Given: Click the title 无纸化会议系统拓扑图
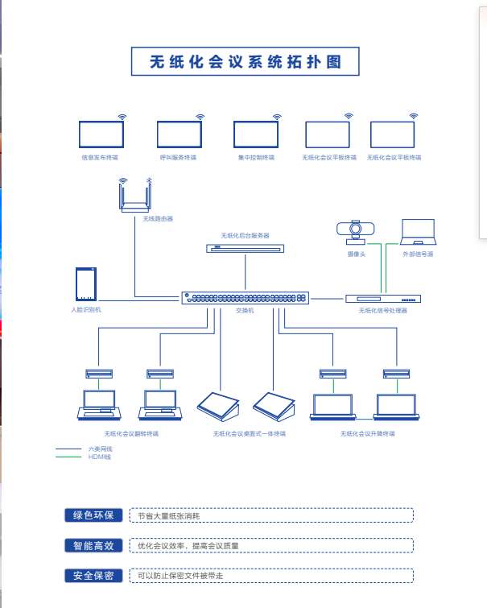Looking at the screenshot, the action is click(x=246, y=62).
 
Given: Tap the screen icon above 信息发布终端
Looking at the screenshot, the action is click(x=101, y=134).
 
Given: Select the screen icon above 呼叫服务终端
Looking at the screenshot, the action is click(x=180, y=134).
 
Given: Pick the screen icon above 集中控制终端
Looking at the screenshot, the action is click(x=256, y=134).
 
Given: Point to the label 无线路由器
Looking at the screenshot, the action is click(x=158, y=219).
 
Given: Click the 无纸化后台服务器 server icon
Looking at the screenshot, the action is click(x=245, y=249).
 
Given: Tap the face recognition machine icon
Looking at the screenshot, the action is click(x=86, y=284).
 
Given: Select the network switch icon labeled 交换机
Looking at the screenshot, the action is click(x=245, y=298).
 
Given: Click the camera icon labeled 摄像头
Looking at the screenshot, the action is click(x=356, y=232).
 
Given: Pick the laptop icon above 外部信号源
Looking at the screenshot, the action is click(x=418, y=232).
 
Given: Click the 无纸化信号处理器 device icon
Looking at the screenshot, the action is click(x=383, y=299).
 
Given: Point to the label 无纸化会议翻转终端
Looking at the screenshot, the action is click(x=131, y=433).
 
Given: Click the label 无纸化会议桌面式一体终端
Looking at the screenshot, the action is click(x=250, y=433).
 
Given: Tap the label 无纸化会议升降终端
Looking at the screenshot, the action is click(x=368, y=433).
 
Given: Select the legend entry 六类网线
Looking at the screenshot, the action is click(x=100, y=449).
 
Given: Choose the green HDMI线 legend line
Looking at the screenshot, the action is click(x=68, y=457).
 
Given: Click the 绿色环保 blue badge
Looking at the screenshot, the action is click(x=93, y=515).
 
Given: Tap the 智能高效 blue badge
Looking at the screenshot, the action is click(x=93, y=545).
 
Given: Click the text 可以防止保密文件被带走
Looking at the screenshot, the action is click(x=180, y=576).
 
